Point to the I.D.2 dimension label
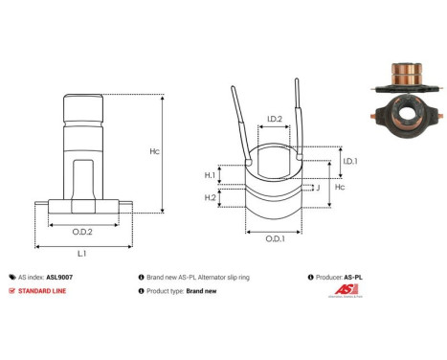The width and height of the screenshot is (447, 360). (x=273, y=119)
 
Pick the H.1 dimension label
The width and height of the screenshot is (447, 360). (x=211, y=175)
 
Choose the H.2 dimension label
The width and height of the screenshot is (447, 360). (x=211, y=196)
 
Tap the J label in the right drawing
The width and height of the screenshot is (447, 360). (x=317, y=188)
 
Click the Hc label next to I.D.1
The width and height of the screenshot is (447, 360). (x=339, y=190)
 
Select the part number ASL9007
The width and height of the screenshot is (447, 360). (x=59, y=276)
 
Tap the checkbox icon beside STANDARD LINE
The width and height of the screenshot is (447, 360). (x=11, y=290)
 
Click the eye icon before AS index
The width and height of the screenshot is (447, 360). (x=11, y=276)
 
